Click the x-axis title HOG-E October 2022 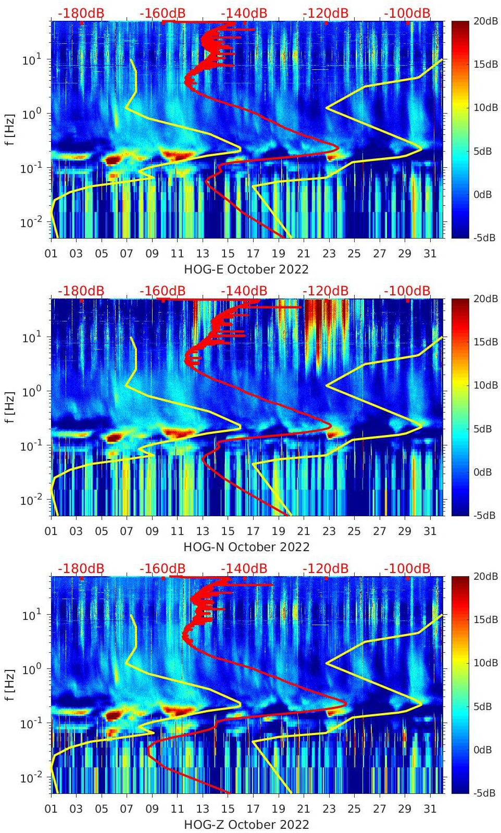pyautogui.click(x=246, y=269)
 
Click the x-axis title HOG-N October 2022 pyautogui.click(x=246, y=547)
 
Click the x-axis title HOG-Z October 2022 pyautogui.click(x=246, y=825)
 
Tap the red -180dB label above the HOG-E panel pyautogui.click(x=81, y=13)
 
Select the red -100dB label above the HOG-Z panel pyautogui.click(x=407, y=568)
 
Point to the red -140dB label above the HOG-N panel pyautogui.click(x=244, y=291)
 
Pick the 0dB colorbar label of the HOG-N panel pyautogui.click(x=482, y=472)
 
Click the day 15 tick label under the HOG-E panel pyautogui.click(x=228, y=254)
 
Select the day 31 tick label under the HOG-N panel pyautogui.click(x=430, y=531)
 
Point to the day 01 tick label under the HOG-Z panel pyautogui.click(x=51, y=809)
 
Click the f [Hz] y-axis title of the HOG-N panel pyautogui.click(x=9, y=407)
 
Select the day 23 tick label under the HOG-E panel pyautogui.click(x=329, y=254)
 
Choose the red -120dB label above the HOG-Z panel pyautogui.click(x=325, y=568)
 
